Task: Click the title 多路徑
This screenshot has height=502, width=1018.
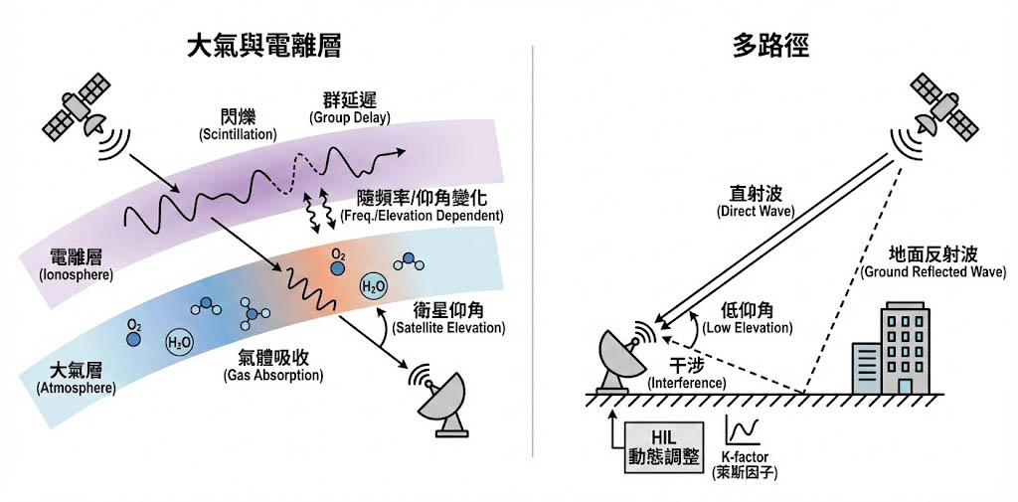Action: [771, 46]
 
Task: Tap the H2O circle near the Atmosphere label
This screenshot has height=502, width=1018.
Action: [180, 343]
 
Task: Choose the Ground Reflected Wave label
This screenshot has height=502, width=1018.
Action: [928, 262]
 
